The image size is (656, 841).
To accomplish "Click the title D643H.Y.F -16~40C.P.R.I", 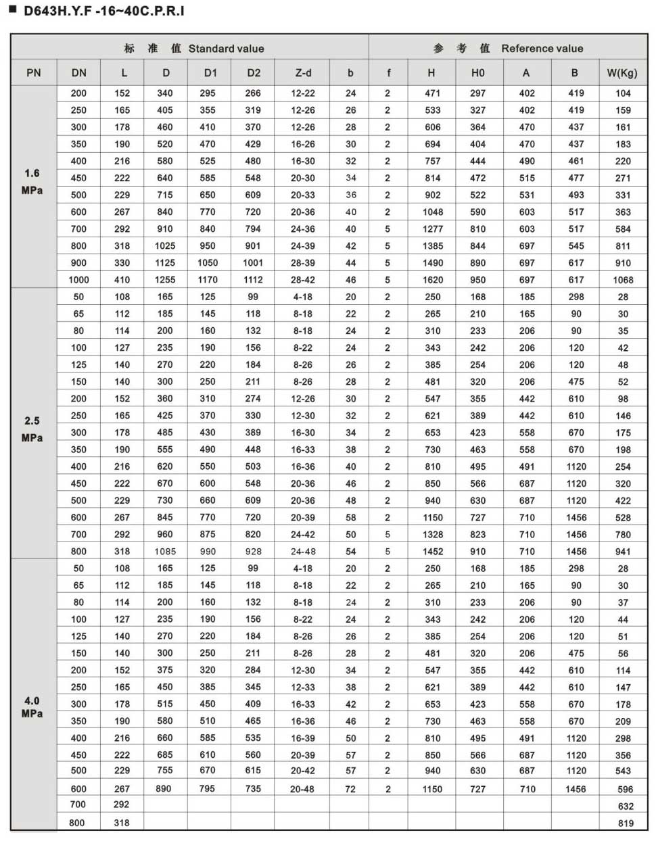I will [x=103, y=11].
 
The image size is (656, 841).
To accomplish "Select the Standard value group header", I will [x=194, y=48].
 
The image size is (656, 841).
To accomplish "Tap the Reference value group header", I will [x=508, y=48].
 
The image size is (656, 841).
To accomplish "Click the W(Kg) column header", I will [x=622, y=72].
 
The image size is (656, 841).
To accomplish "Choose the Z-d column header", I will [x=303, y=72].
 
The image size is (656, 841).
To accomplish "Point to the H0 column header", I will [x=477, y=72].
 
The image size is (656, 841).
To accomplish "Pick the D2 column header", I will [x=253, y=72].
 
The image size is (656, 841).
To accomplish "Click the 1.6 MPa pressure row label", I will [x=32, y=182].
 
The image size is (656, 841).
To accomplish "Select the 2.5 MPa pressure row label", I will [x=32, y=429].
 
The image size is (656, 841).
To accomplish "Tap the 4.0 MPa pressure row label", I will [x=32, y=707].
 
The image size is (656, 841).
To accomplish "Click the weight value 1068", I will [x=623, y=280].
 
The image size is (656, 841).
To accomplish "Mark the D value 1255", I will [x=165, y=280].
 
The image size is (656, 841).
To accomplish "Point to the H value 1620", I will [x=433, y=280].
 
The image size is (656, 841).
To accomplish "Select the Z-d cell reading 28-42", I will [x=303, y=280].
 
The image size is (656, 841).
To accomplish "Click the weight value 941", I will [x=623, y=552].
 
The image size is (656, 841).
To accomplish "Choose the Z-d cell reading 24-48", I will [x=303, y=552].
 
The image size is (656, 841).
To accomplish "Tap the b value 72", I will [x=350, y=789].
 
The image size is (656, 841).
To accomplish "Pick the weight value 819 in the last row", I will [x=626, y=823].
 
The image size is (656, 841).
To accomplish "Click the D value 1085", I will [x=165, y=552].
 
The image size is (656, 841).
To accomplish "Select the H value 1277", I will [x=433, y=229].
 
